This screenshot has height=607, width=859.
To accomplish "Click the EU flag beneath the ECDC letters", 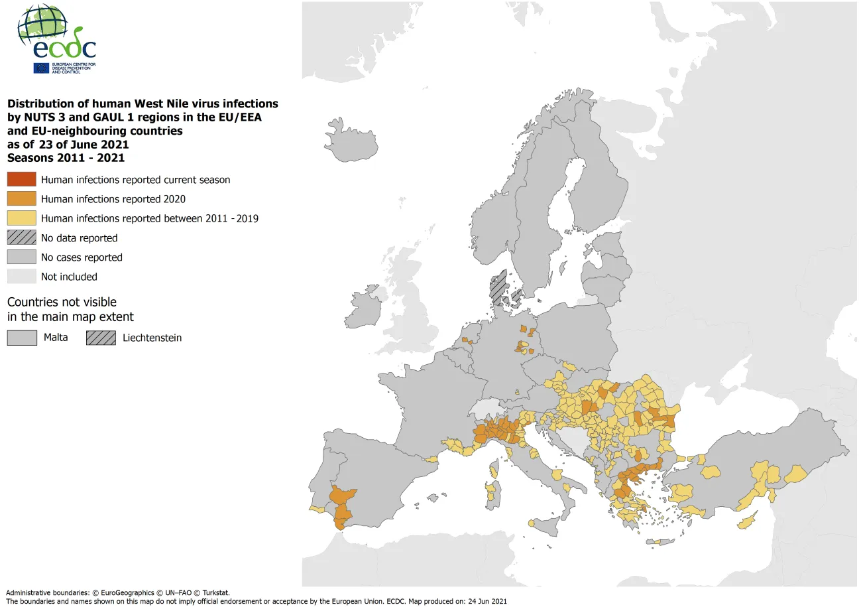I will coord(41,68).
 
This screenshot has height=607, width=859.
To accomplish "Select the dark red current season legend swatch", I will coord(21,180).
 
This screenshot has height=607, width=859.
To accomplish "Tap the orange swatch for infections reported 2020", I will coord(21,199).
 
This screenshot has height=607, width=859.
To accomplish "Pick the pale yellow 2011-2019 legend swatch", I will coord(21,218).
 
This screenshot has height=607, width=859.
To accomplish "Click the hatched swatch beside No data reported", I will coord(21,237).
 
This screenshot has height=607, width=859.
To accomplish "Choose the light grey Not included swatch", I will coord(21,277).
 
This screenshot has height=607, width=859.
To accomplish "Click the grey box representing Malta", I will coord(21,338).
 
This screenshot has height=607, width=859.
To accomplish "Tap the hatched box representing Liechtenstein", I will coord(101,338).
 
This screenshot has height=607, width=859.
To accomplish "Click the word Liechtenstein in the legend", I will coord(152,338).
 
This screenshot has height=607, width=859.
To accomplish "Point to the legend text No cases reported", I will coord(82,257).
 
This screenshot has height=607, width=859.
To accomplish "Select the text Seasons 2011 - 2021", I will coord(66,158).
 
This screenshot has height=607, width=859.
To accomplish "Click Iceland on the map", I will coord(355,141).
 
